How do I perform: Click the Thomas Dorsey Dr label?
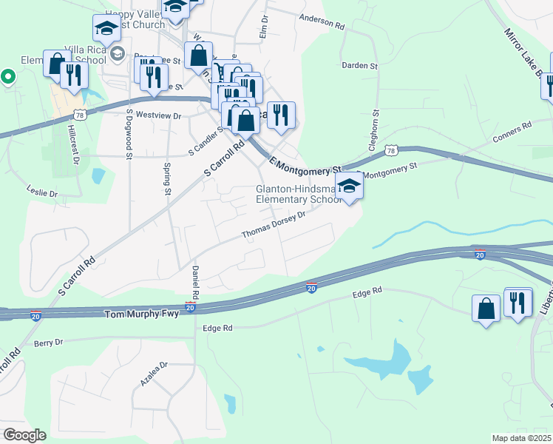click(x=274, y=225)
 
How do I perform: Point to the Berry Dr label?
click(x=49, y=343)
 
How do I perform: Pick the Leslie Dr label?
click(x=43, y=193)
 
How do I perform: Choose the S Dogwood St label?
click(x=129, y=134)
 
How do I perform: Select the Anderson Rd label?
click(x=322, y=21)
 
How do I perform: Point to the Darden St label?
click(x=360, y=65)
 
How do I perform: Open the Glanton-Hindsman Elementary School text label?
click(x=299, y=194)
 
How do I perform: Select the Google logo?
click(x=24, y=435)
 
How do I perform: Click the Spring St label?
click(x=167, y=178)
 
